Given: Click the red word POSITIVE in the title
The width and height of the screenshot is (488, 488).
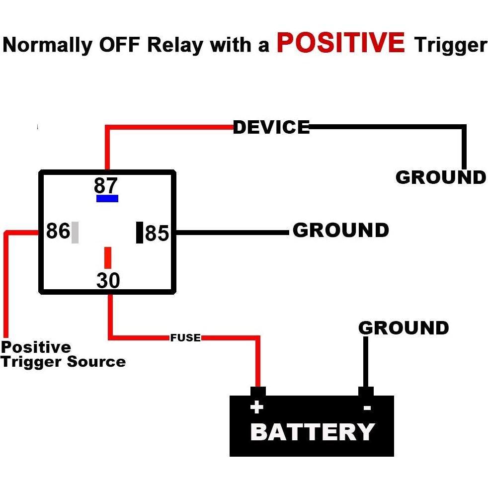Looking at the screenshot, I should click(341, 43).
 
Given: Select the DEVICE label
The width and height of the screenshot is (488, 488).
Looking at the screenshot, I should click(271, 128).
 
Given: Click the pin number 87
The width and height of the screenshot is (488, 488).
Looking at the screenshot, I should click(106, 186).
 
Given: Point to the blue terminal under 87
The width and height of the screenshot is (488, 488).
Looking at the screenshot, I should click(107, 199).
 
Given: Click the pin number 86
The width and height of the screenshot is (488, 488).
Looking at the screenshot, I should click(58, 231).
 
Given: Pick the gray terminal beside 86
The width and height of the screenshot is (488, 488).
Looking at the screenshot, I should click(75, 233).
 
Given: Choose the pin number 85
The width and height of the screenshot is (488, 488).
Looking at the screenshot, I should click(157, 233).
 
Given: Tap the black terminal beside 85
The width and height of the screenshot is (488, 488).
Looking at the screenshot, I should click(140, 233).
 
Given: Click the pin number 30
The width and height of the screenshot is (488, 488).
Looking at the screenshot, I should click(108, 281).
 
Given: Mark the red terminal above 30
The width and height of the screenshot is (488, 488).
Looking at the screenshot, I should click(107, 258).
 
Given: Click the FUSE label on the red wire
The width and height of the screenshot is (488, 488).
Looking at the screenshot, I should click(185, 338).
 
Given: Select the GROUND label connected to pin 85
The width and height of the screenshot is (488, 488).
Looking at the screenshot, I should click(340, 231).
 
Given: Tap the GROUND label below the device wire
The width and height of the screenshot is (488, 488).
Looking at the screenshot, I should click(440, 177).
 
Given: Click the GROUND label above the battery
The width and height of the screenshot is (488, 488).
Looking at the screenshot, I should click(404, 328).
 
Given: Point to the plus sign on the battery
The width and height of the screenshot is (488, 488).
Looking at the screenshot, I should click(256, 408).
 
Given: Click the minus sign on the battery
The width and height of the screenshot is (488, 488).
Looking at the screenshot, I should click(367, 408).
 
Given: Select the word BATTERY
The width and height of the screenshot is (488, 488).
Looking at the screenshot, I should click(312, 432).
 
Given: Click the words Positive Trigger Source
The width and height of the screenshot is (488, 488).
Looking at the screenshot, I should click(63, 354).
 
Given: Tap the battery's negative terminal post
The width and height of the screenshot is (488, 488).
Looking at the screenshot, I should click(366, 392).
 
